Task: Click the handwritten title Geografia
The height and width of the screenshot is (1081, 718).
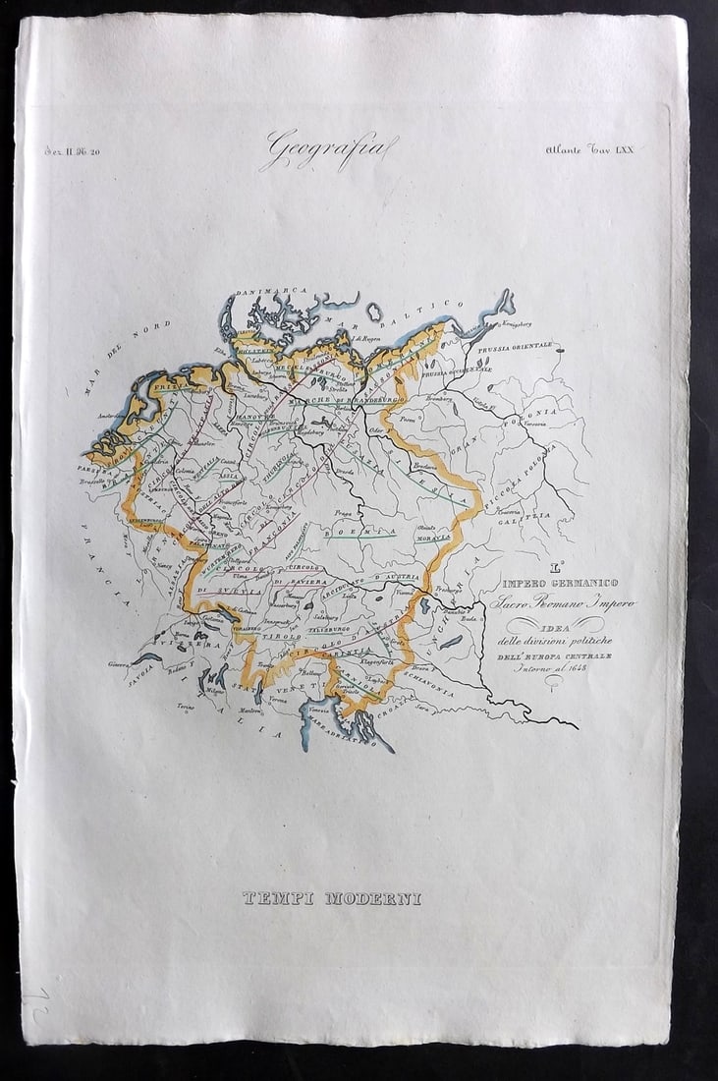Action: pyautogui.click(x=329, y=150)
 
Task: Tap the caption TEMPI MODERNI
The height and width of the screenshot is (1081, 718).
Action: pyautogui.click(x=332, y=898)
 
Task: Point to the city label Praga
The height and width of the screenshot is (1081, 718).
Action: pyautogui.click(x=343, y=512)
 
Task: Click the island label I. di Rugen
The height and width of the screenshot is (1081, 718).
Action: pyautogui.click(x=368, y=338)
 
